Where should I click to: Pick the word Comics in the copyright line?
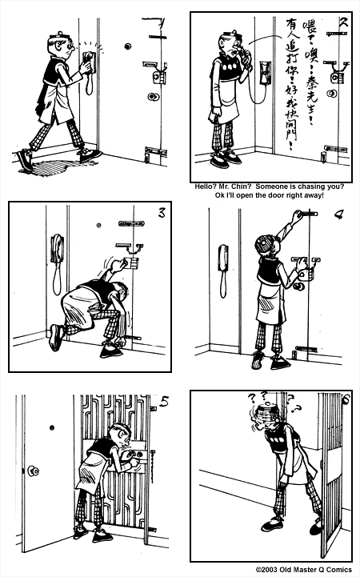click(x=340, y=571)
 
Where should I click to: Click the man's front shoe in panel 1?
click(x=90, y=155)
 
